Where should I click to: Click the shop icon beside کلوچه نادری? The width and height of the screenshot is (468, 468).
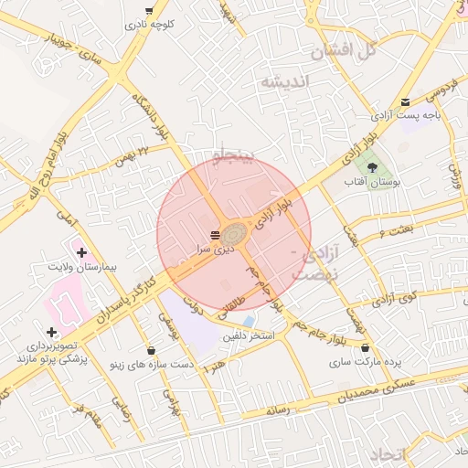point(149,12)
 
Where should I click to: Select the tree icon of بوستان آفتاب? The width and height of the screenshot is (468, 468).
point(373,167)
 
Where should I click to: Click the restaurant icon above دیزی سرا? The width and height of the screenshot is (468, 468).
point(215,234)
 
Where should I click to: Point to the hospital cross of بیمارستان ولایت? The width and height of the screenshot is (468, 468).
point(80,250)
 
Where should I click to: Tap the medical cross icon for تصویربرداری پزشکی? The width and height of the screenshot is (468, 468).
point(51,332)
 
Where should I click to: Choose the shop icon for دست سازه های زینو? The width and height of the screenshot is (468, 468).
point(150,349)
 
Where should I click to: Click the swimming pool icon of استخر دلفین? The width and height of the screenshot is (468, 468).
point(249,322)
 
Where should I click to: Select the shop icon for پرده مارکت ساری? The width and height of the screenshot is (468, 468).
point(367,347)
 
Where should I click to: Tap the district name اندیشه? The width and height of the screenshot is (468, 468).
point(285,82)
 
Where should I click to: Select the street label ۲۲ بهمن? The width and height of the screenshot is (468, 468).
point(129,155)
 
